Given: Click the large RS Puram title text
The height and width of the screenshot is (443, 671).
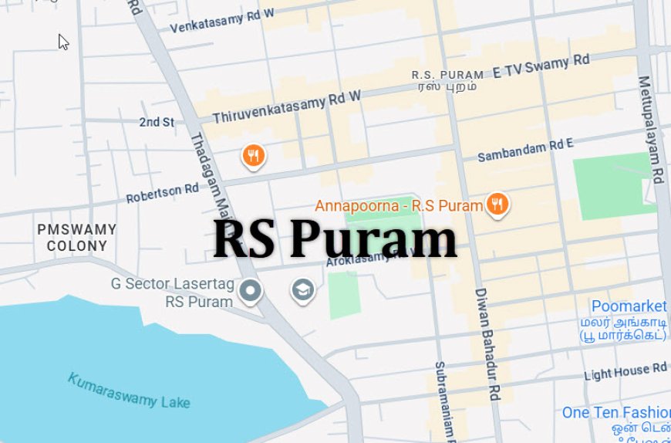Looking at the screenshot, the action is pyautogui.click(x=335, y=239).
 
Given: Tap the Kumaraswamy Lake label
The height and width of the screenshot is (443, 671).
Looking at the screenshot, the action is pyautogui.click(x=128, y=391).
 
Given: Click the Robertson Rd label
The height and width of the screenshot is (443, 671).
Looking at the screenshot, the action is pyautogui.click(x=163, y=192).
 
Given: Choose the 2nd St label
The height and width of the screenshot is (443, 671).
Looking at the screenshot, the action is pyautogui.click(x=157, y=122).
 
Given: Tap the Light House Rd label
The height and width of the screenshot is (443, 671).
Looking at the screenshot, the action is pyautogui.click(x=625, y=372).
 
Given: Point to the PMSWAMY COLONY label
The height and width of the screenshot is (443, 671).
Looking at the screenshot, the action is pyautogui.click(x=77, y=238).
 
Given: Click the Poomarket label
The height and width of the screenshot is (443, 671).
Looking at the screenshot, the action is pyautogui.click(x=629, y=306).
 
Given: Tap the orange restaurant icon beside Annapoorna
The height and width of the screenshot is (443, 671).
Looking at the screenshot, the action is pyautogui.click(x=497, y=205).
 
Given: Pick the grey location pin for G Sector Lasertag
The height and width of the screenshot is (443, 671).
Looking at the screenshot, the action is pyautogui.click(x=250, y=292).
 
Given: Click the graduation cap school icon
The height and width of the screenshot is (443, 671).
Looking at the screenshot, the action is pyautogui.click(x=302, y=290).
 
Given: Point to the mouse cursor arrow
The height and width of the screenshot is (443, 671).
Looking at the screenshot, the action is pyautogui.click(x=63, y=42).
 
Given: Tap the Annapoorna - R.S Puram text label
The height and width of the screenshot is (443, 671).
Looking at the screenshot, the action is pyautogui.click(x=399, y=206).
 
